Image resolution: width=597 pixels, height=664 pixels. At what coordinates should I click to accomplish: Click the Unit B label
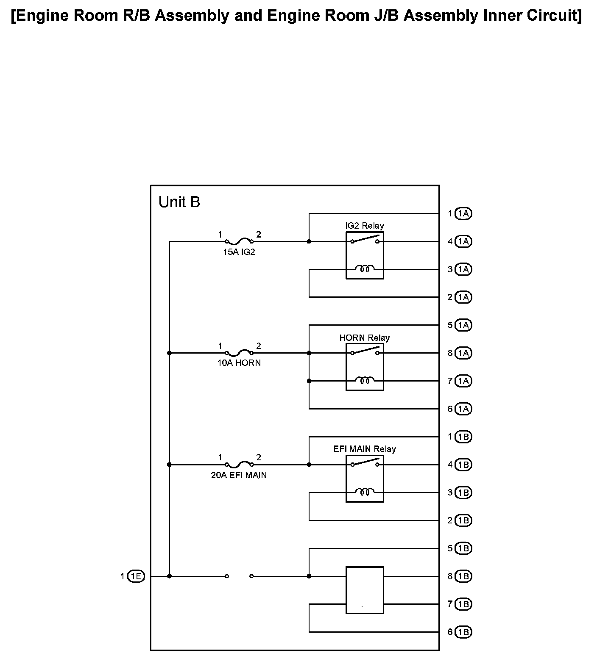tap(179, 202)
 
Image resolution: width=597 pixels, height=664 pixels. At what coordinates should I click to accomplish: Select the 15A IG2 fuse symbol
tap(239, 242)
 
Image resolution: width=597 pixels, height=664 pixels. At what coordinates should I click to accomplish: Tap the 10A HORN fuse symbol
tap(239, 353)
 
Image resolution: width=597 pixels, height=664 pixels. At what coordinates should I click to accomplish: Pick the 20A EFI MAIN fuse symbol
tap(239, 465)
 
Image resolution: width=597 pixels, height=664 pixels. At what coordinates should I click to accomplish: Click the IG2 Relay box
tap(365, 255)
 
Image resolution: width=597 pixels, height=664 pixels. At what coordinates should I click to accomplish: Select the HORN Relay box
tap(365, 367)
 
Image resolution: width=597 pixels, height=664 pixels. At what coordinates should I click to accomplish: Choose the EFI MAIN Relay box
tap(365, 479)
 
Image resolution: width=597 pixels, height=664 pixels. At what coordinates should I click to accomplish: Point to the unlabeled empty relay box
tap(365, 590)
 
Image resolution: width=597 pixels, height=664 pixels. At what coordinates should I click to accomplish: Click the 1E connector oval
tap(136, 576)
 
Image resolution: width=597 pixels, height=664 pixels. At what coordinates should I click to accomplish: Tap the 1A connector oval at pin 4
tap(463, 242)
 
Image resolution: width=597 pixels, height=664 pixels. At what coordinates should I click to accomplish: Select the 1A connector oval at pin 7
tap(463, 381)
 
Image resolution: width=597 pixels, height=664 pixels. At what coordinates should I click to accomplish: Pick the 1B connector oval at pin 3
tap(463, 492)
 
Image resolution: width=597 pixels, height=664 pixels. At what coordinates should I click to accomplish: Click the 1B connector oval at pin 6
tap(463, 632)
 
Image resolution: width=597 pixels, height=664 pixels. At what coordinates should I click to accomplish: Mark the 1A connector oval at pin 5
tap(463, 325)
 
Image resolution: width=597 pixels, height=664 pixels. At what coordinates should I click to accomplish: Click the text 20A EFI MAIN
tap(239, 475)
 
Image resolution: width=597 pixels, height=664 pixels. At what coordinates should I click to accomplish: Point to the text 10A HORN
tap(239, 363)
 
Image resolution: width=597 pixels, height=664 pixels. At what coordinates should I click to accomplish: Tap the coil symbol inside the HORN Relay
tap(365, 381)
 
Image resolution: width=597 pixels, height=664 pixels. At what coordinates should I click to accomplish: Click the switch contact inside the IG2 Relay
tap(365, 240)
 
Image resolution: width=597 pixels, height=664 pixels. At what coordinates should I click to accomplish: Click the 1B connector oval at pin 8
tap(463, 576)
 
